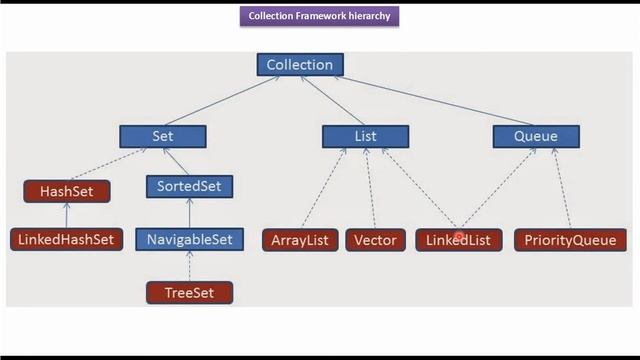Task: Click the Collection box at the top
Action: coord(299,65)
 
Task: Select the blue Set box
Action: coord(162,135)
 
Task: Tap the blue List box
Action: coord(365,135)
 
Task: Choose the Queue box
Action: coord(535,135)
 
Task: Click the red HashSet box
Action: coord(66,190)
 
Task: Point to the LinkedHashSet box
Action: coord(66,240)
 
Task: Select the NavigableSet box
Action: coord(189,239)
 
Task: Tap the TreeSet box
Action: coord(189,292)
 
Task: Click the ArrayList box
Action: coord(300,240)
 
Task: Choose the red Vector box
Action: coord(376,240)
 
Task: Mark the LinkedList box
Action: coord(458,240)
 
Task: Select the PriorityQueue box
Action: coord(570,240)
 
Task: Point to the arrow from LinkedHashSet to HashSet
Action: coord(66,215)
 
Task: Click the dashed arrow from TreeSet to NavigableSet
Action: coord(189,266)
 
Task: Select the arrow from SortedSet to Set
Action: coord(176,160)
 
